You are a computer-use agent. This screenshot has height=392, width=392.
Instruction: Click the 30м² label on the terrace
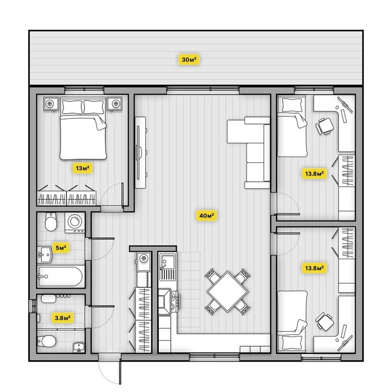[188, 59]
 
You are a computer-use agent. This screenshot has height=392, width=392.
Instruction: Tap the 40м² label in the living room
[207, 216]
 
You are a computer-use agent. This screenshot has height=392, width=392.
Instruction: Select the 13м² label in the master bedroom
[83, 169]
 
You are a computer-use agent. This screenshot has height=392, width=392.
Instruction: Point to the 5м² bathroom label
[60, 248]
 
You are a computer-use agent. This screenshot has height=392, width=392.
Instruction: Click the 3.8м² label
[62, 317]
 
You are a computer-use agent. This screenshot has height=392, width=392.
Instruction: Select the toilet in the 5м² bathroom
[50, 222]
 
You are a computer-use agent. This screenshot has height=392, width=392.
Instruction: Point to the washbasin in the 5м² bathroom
[44, 252]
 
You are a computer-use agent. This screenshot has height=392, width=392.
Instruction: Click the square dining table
[228, 290]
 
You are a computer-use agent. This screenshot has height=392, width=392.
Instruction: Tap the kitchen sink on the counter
[168, 264]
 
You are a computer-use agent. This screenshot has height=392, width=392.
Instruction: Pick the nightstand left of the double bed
[50, 103]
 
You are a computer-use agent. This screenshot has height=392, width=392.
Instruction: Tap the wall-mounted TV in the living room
[140, 151]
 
